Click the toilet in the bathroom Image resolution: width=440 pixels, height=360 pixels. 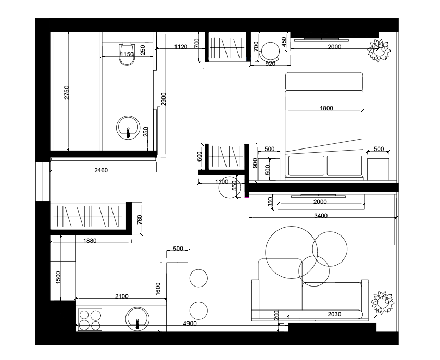pyautogui.click(x=127, y=54)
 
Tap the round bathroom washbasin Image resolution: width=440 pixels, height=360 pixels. pyautogui.click(x=128, y=128)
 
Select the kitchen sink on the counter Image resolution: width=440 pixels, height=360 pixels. pyautogui.click(x=137, y=319)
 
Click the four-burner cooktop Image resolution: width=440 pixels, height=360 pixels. pyautogui.click(x=90, y=320)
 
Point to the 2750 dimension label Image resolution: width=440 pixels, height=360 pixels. pyautogui.click(x=67, y=92)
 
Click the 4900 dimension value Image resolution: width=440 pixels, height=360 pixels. pyautogui.click(x=190, y=324)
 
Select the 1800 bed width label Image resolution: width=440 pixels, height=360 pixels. pyautogui.click(x=326, y=108)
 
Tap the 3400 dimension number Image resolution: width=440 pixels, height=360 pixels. pyautogui.click(x=321, y=215)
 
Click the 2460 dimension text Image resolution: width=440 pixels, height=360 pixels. pyautogui.click(x=101, y=170)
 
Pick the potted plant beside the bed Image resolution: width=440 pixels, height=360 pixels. pyautogui.click(x=379, y=51)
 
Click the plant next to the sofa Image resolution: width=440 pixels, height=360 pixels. pyautogui.click(x=382, y=303)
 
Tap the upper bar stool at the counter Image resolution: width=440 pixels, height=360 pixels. pyautogui.click(x=198, y=278)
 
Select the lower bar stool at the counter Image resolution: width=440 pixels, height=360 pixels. pyautogui.click(x=198, y=311)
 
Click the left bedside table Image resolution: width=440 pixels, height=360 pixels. pyautogui.click(x=269, y=169)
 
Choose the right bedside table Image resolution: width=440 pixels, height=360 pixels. pyautogui.click(x=378, y=169)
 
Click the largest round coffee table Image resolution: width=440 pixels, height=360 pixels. pyautogui.click(x=291, y=253)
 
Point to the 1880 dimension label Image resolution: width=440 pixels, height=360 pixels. pyautogui.click(x=90, y=241)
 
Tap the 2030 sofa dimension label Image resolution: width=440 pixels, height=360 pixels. pyautogui.click(x=334, y=314)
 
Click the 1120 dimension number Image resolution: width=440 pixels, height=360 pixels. pyautogui.click(x=181, y=46)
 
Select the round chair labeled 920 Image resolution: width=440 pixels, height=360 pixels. pyautogui.click(x=270, y=52)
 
